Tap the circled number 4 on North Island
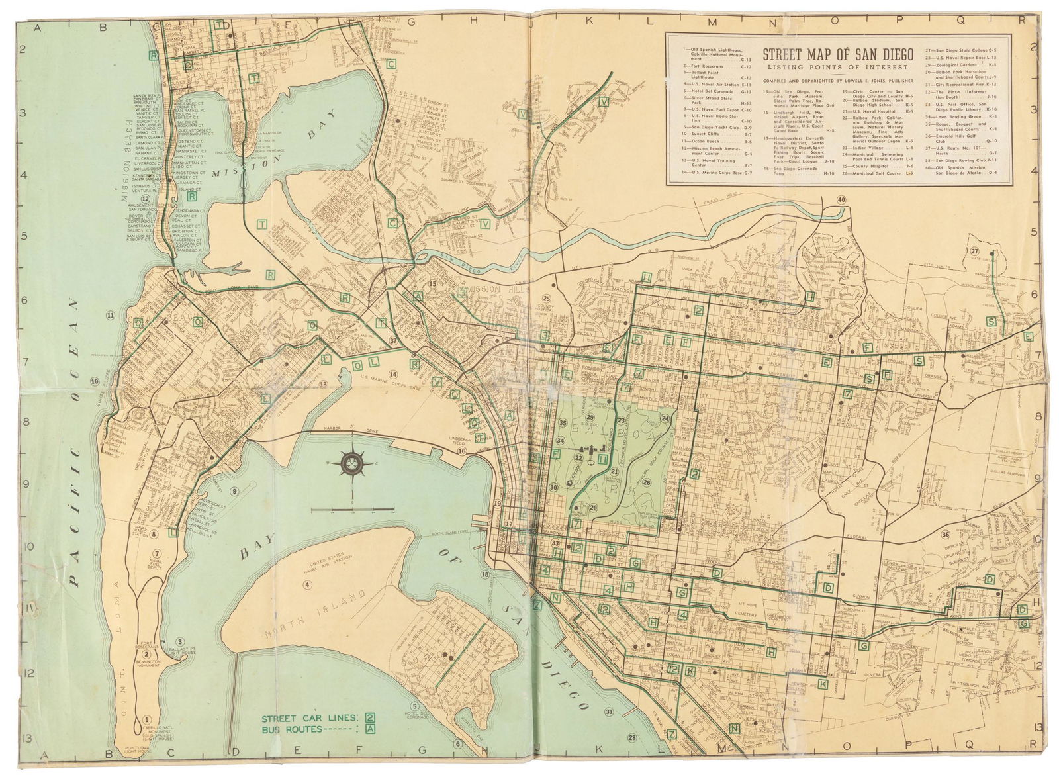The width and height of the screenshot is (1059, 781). (x=307, y=584)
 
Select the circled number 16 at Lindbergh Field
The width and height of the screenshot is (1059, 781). (x=461, y=451)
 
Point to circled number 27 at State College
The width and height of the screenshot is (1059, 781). (x=974, y=252)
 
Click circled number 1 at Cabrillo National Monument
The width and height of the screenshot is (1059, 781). (x=147, y=721)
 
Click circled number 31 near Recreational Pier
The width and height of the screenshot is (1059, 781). (x=608, y=711)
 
